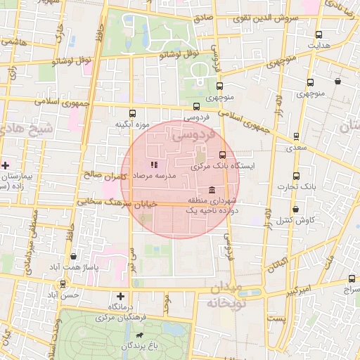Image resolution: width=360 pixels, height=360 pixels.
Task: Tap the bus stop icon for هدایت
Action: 319,34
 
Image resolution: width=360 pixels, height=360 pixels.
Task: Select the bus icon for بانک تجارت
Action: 295,176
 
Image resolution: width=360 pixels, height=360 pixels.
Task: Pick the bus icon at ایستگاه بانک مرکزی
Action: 222,155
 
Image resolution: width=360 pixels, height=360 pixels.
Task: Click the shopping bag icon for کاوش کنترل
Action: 295,210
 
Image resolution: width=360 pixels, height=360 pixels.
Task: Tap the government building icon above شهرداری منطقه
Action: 212,190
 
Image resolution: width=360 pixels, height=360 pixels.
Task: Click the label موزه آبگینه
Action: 134,124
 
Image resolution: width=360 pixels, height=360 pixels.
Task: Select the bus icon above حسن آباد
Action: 63,285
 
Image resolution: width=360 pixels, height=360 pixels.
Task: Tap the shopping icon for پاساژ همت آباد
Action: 75,257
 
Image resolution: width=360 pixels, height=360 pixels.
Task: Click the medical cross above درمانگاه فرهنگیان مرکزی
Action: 121,297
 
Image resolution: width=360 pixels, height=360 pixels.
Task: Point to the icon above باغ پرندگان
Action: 139,336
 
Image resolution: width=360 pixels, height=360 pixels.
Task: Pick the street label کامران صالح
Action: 104,175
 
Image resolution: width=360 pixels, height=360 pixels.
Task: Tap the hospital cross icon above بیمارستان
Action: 6,165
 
